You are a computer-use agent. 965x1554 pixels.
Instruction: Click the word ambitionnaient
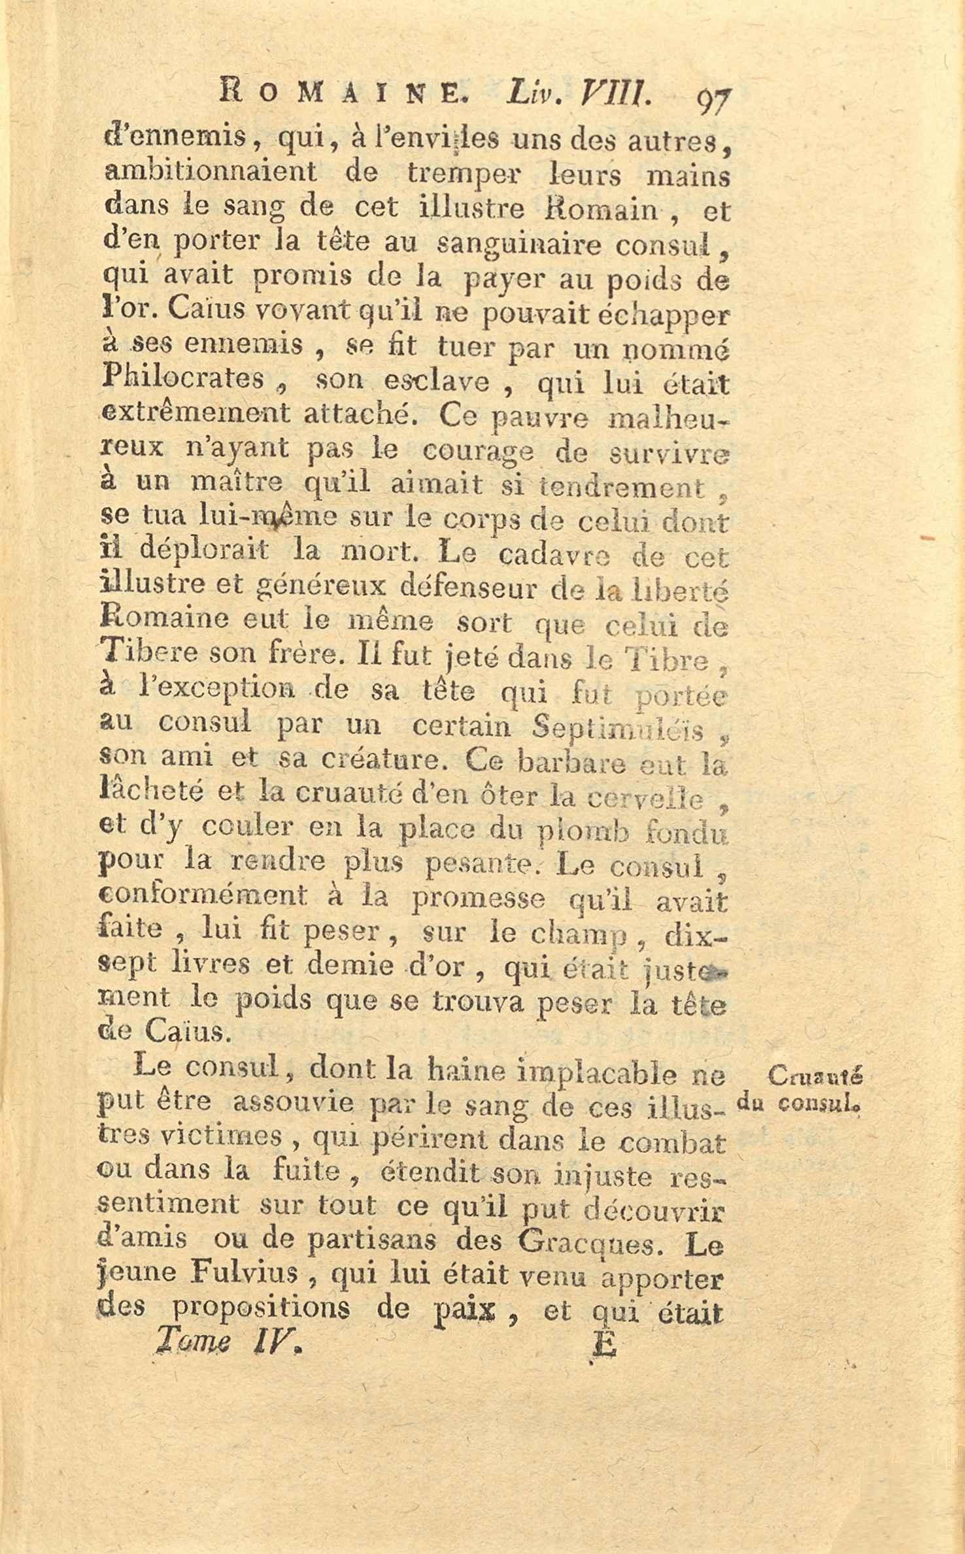point(210,172)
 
